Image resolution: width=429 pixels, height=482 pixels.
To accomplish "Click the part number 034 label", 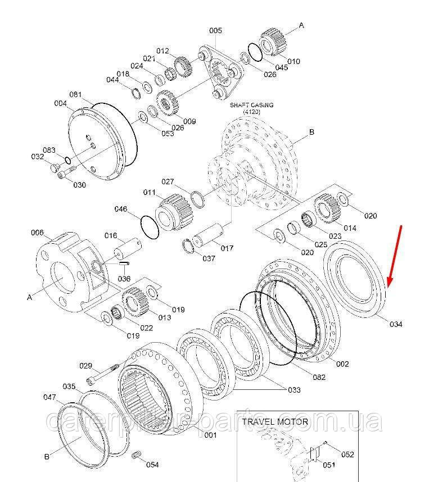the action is (x=396, y=324).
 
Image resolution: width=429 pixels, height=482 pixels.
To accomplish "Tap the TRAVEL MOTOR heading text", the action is (x=275, y=421).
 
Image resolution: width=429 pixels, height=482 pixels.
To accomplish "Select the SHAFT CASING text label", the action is (x=251, y=105).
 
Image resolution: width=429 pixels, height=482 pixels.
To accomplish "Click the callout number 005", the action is (x=215, y=30).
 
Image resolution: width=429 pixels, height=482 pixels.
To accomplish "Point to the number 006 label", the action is (x=37, y=233).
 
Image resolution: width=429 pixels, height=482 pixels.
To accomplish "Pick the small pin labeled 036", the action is (x=124, y=263).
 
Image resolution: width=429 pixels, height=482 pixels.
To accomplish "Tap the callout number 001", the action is (x=210, y=435).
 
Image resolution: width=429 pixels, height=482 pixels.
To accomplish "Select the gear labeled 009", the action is (x=168, y=103).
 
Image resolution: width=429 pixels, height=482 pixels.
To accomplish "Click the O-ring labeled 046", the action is (x=150, y=227).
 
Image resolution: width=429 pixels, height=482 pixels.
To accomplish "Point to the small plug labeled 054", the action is (x=136, y=454).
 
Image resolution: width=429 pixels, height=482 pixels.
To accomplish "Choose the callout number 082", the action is (x=319, y=377).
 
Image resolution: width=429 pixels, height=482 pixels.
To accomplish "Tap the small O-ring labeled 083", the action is (x=67, y=160).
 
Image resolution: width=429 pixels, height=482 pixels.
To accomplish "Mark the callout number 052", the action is (x=347, y=454).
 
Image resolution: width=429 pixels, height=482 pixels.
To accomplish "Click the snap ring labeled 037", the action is (x=188, y=246).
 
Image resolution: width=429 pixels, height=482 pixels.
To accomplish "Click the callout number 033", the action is (x=294, y=390).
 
